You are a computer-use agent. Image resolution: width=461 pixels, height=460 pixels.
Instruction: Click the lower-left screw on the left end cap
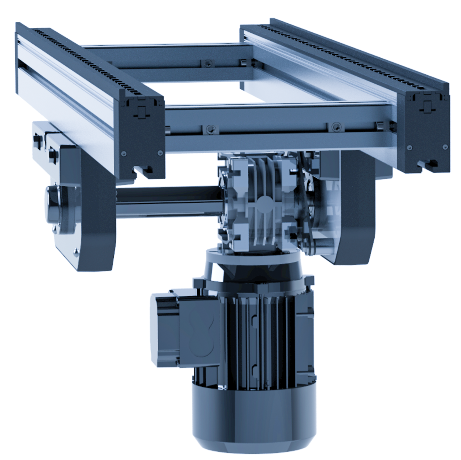coord(123,154)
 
